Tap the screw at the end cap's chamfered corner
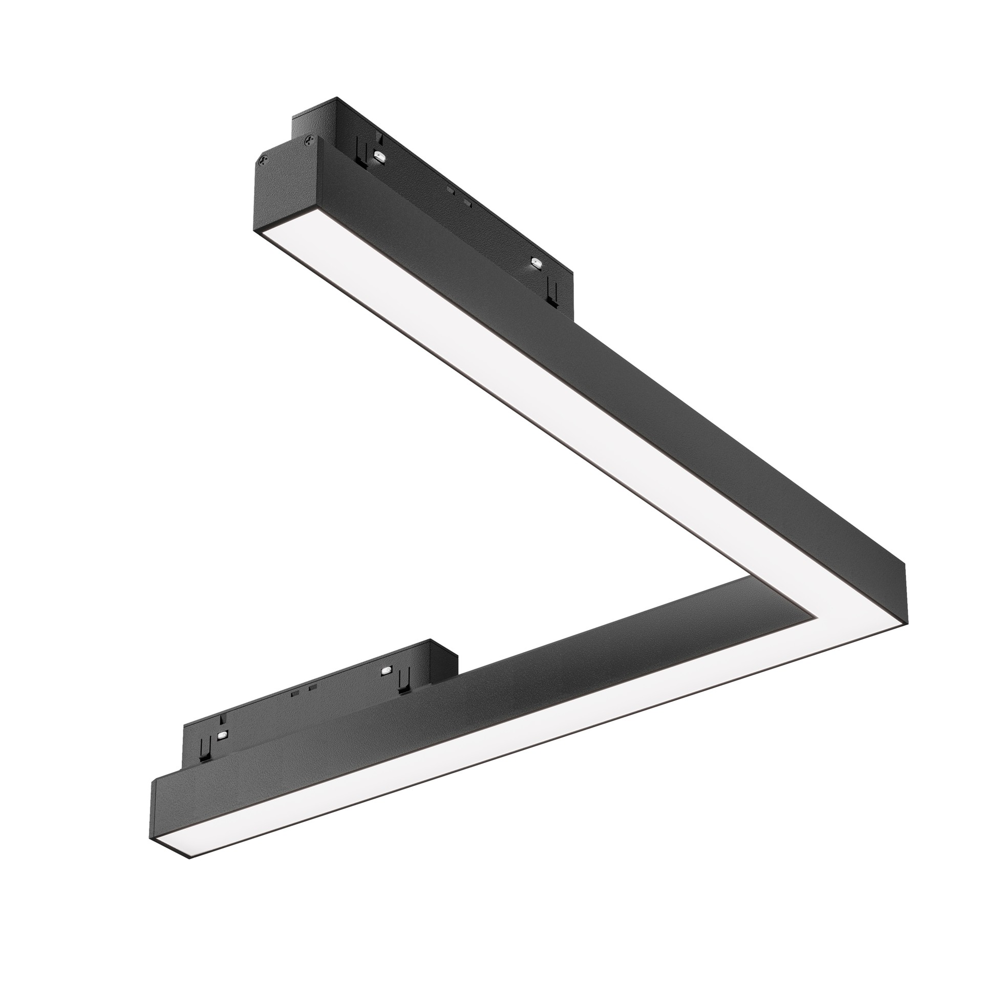pos(264,160)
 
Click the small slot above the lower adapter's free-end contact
pos(221,719)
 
